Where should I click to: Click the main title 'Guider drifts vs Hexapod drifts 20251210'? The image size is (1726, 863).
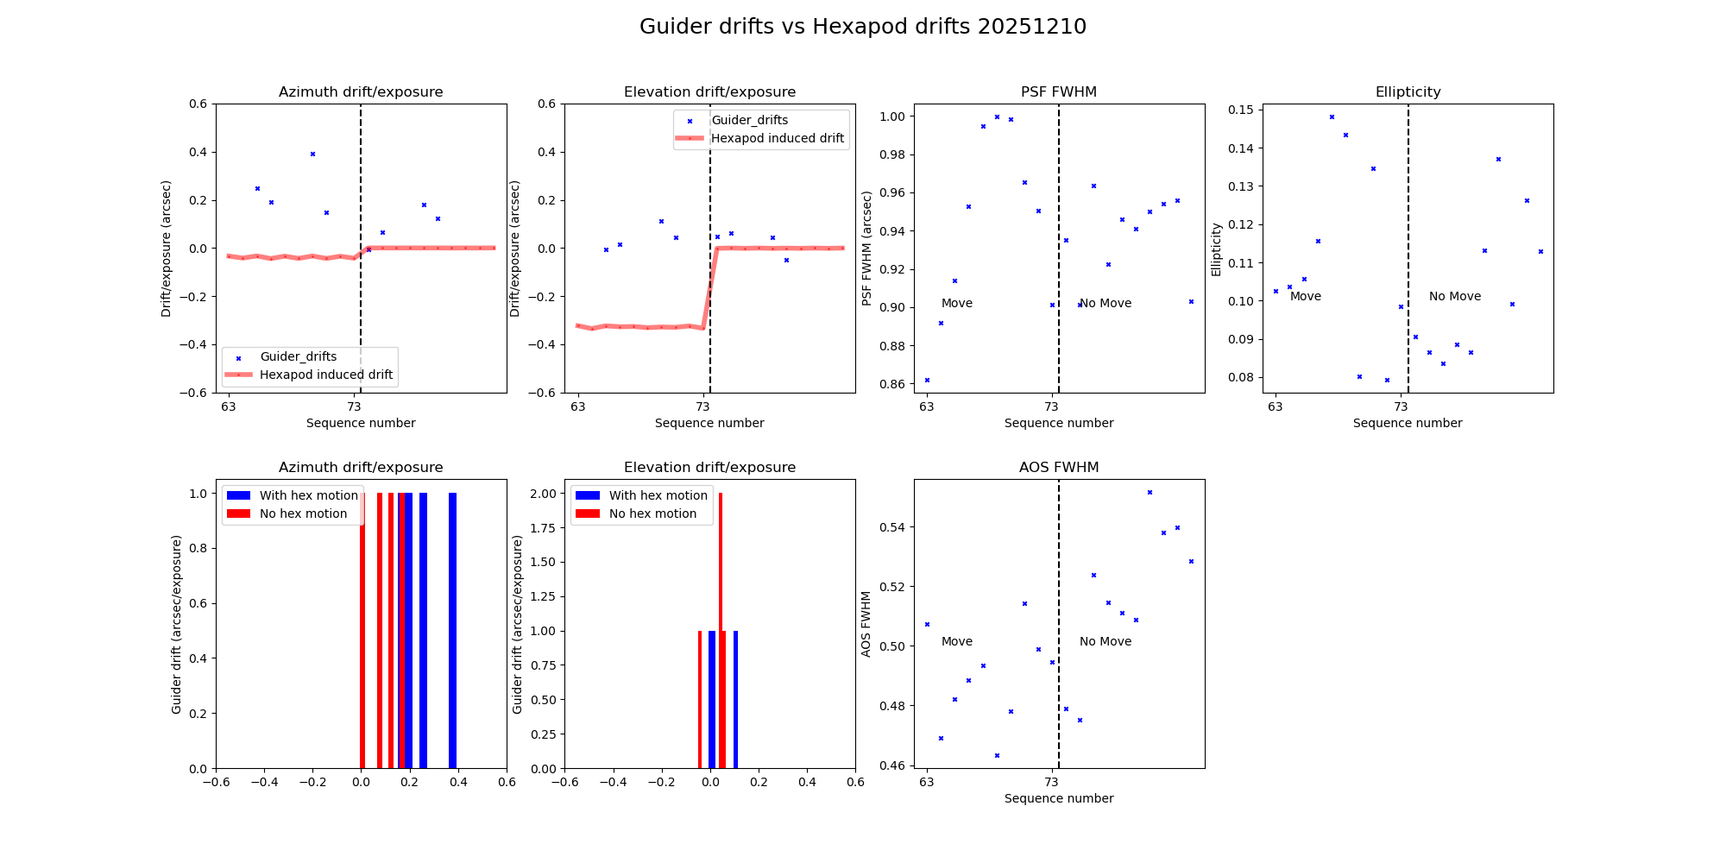click(x=862, y=27)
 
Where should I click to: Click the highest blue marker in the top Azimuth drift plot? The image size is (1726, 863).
click(x=312, y=154)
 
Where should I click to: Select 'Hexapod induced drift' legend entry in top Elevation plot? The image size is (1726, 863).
click(x=777, y=138)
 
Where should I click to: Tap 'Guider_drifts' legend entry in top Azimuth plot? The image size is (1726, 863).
click(x=298, y=356)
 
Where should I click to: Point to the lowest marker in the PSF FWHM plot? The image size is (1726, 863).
click(x=927, y=380)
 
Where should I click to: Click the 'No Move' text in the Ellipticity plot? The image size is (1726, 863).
click(x=1454, y=296)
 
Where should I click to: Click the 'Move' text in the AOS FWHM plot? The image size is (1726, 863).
click(x=956, y=641)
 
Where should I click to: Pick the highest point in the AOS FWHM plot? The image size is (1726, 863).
click(x=1150, y=492)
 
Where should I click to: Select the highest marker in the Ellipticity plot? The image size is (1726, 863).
click(x=1332, y=117)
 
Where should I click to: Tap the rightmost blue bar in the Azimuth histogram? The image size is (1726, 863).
click(x=452, y=630)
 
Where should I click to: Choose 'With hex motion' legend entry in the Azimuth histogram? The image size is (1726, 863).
click(x=308, y=495)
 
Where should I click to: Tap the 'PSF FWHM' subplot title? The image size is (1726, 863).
click(x=1058, y=92)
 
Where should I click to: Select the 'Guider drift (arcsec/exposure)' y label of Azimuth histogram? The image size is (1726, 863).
click(x=177, y=624)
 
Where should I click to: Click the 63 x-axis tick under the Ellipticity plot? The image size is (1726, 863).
click(x=1275, y=406)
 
